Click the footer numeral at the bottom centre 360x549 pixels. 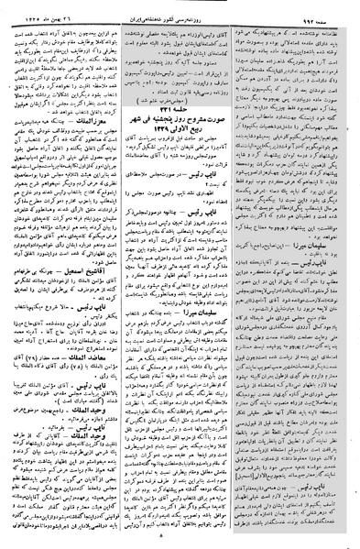tap(180, 541)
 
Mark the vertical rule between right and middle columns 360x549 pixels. tap(239, 275)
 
